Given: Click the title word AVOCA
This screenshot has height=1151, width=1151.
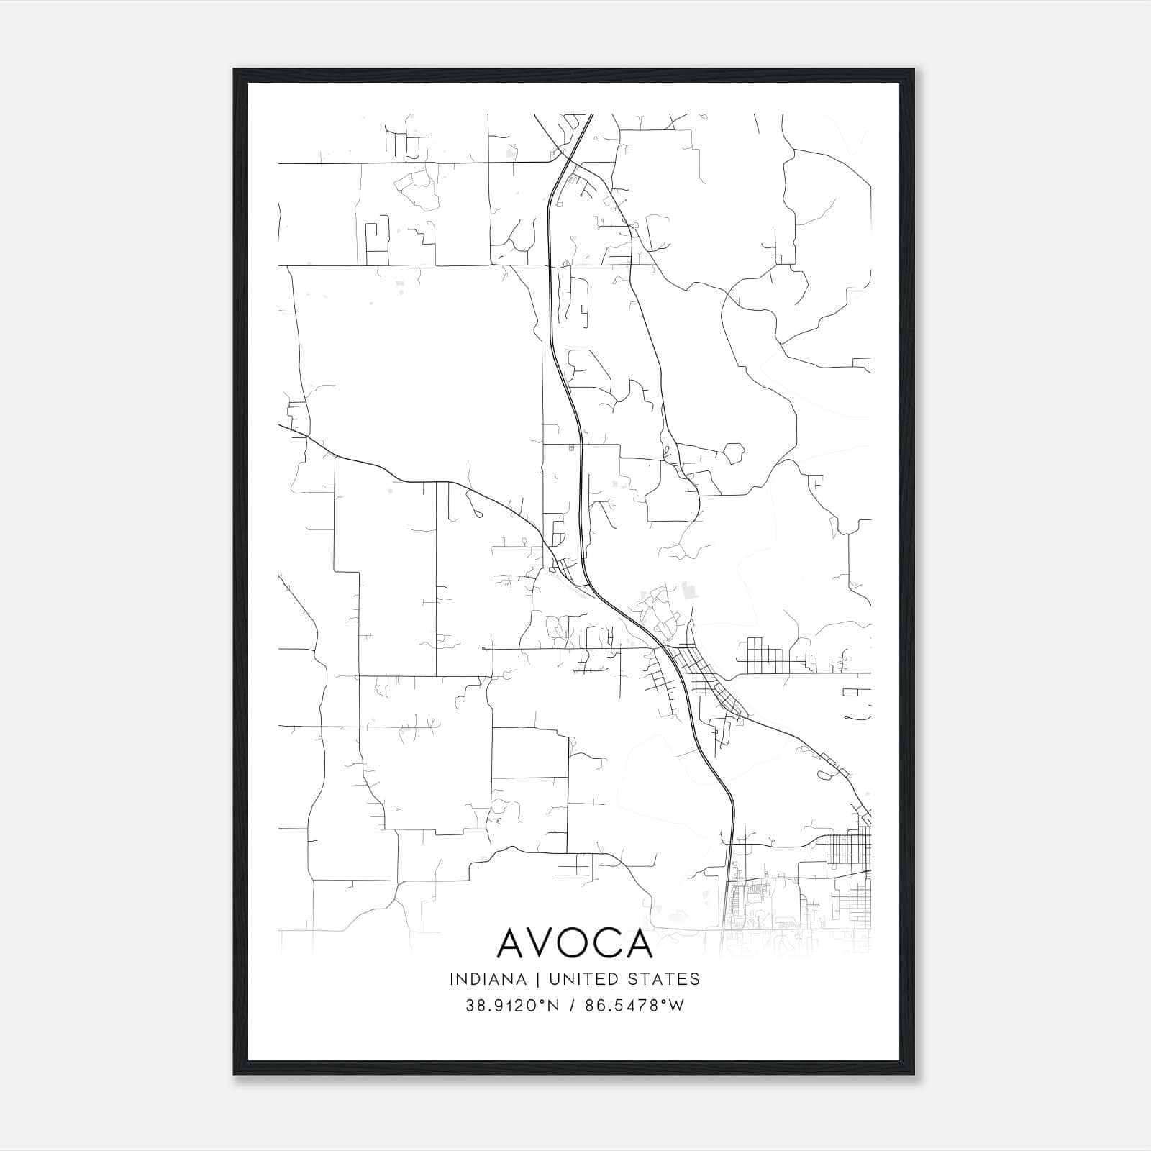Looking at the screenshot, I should pyautogui.click(x=575, y=945).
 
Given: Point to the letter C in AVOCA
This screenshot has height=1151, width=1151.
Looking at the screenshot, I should pyautogui.click(x=611, y=945).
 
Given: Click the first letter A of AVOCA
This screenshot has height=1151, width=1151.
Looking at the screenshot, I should pyautogui.click(x=512, y=945).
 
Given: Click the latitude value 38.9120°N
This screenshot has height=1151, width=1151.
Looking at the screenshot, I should pyautogui.click(x=512, y=1006).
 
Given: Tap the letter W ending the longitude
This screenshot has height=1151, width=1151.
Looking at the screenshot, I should pyautogui.click(x=677, y=1006).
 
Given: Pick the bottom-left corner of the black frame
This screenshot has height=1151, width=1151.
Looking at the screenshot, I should pyautogui.click(x=235, y=1075).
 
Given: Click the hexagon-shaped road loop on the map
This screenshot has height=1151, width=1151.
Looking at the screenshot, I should pyautogui.click(x=733, y=453).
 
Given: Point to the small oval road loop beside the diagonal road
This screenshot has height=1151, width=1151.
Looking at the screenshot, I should pyautogui.click(x=823, y=775).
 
